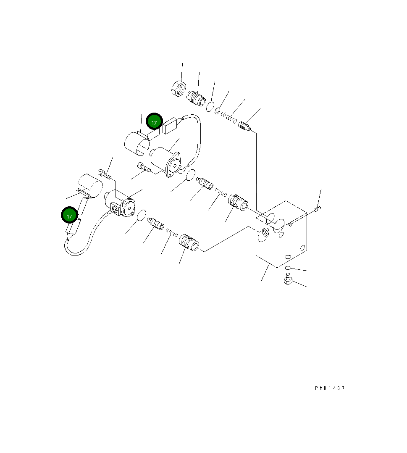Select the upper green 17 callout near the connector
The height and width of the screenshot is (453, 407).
[154, 122]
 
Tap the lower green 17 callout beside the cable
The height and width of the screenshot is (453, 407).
[70, 216]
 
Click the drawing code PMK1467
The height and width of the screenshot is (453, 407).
[330, 388]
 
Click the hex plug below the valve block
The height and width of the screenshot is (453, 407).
[288, 278]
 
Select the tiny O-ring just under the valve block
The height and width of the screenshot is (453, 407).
[288, 268]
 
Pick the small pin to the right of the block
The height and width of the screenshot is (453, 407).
[318, 208]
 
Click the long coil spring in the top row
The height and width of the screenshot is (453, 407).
[230, 117]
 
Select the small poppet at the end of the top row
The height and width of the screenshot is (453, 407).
[245, 126]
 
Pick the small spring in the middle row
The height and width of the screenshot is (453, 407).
[221, 193]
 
